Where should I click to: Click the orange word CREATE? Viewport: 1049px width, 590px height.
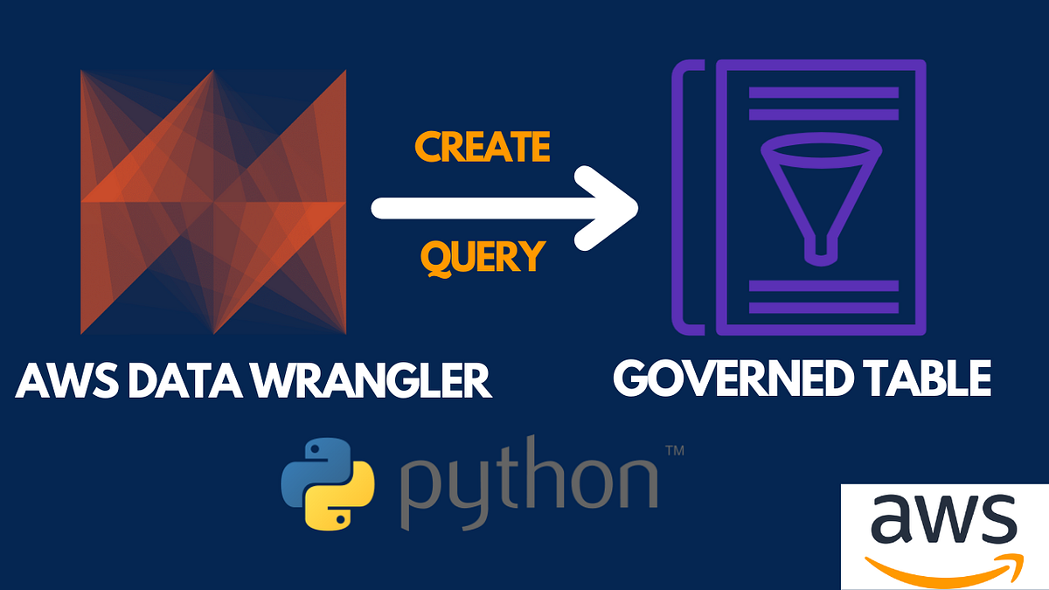[x=483, y=148]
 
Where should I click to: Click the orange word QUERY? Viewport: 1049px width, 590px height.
[x=483, y=256]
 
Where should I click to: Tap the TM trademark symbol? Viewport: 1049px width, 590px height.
[x=674, y=452]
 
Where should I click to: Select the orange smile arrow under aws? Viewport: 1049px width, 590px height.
[x=944, y=563]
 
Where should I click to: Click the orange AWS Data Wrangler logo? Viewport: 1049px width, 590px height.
[x=214, y=202]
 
